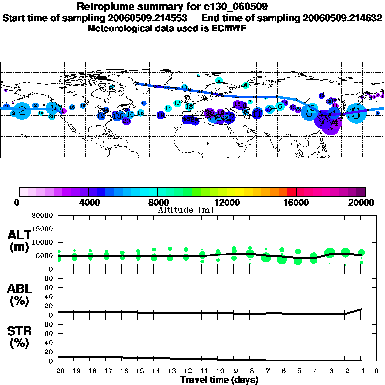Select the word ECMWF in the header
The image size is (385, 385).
point(228,28)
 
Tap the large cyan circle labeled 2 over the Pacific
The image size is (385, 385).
point(22,111)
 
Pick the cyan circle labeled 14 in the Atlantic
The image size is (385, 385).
point(168,108)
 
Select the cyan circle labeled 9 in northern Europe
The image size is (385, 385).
point(218,80)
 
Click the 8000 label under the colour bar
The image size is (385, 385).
point(157,202)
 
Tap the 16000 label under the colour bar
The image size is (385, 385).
point(296,202)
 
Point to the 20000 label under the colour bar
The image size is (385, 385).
point(364,202)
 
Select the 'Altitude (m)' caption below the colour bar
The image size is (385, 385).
point(185,210)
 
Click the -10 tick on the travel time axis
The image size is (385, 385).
point(218,371)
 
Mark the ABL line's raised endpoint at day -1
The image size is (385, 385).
point(361,309)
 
